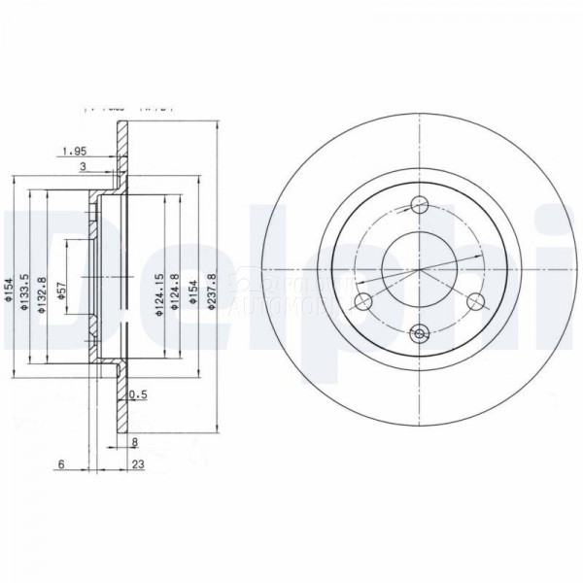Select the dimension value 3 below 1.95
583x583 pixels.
84,167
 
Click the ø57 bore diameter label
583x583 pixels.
62,291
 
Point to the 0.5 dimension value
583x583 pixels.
138,394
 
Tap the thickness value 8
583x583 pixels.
134,442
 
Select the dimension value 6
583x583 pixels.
60,464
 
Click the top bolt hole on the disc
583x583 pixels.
421,205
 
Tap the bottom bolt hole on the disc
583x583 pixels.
421,334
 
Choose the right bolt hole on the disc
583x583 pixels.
475,301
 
